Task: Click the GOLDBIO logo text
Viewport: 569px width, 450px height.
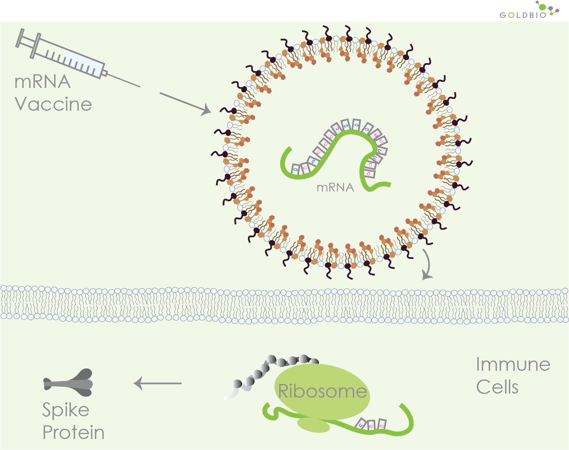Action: point(523,15)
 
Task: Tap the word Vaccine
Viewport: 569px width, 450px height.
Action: point(53,104)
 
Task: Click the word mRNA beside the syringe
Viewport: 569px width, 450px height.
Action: point(42,82)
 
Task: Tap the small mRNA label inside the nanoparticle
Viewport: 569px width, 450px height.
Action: point(335,187)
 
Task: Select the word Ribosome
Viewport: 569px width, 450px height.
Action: point(322,391)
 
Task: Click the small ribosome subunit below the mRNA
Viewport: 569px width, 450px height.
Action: point(313,425)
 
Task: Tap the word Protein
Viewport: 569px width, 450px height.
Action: point(73,433)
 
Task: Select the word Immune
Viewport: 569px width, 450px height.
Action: point(513,365)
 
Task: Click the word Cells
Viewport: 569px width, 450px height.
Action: point(497,387)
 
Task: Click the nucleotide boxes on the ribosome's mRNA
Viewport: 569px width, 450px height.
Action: point(371,424)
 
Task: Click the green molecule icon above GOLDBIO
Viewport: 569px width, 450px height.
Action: point(543,6)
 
